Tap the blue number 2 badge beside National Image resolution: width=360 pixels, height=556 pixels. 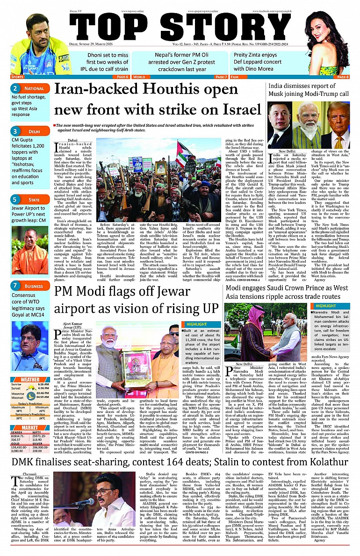pyautogui.click(x=15, y=88)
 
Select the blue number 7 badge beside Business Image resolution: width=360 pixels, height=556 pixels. pyautogui.click(x=15, y=285)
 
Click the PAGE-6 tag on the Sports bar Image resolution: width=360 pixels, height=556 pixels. pyautogui.click(x=122, y=77)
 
